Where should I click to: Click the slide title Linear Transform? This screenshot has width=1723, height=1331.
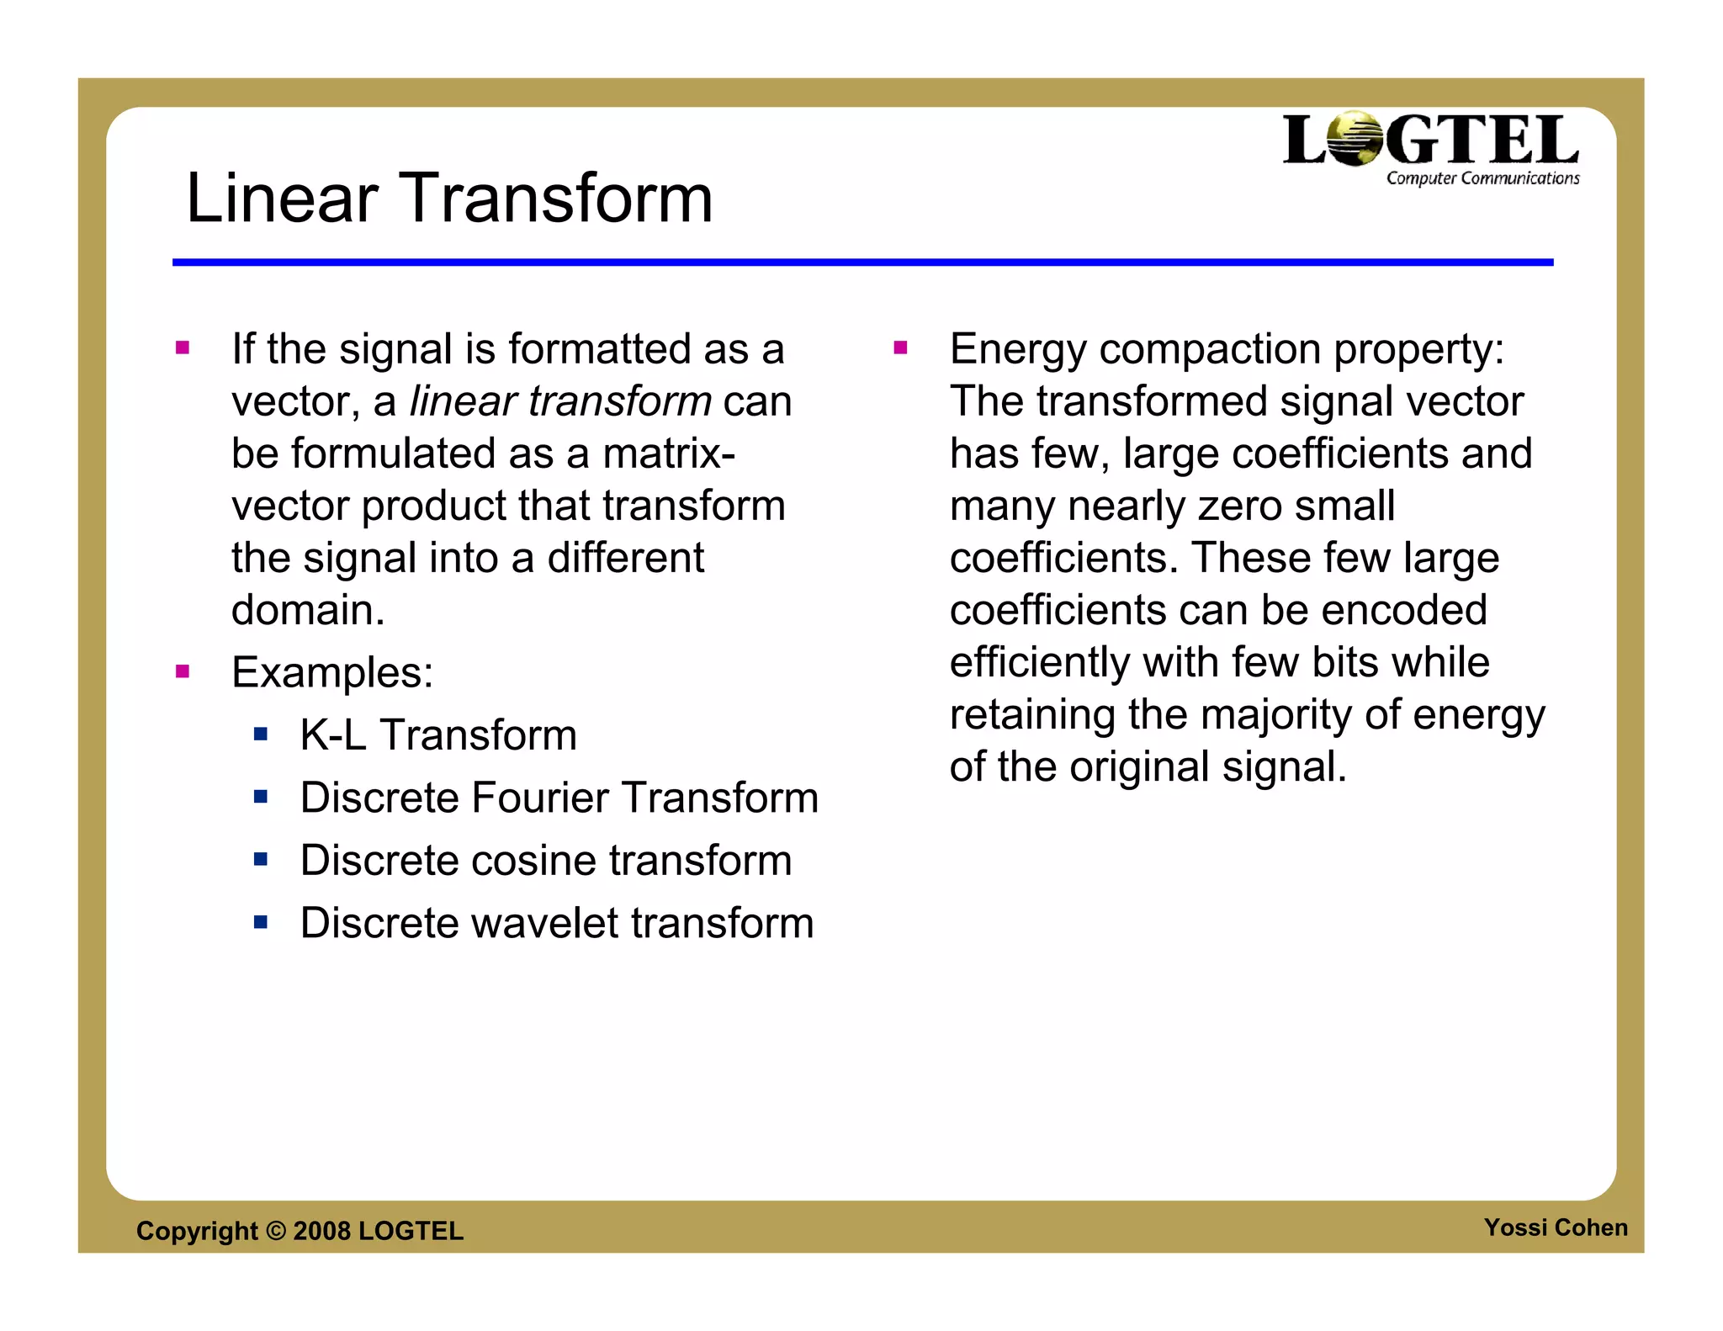(x=449, y=199)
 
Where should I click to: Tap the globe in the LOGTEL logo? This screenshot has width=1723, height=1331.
(x=1355, y=138)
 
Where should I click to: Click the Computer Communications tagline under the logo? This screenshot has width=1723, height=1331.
(x=1482, y=178)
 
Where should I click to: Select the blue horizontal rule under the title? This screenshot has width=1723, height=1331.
(x=862, y=262)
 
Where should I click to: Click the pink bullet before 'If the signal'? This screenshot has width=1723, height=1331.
(x=183, y=347)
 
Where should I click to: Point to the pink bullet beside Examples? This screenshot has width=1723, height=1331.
(x=183, y=671)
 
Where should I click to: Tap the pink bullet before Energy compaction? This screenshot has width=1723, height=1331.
(x=900, y=347)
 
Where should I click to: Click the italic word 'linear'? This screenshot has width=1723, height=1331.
(x=463, y=401)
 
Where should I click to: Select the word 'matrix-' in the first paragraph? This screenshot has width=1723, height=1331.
(x=669, y=453)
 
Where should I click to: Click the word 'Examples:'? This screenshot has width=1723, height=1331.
(x=332, y=672)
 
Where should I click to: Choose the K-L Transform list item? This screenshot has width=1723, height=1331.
(x=438, y=734)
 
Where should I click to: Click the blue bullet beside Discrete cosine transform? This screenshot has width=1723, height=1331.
(x=261, y=860)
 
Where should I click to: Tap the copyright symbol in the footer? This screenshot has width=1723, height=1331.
(x=276, y=1231)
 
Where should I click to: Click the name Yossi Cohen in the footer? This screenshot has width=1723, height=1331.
(x=1556, y=1228)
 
